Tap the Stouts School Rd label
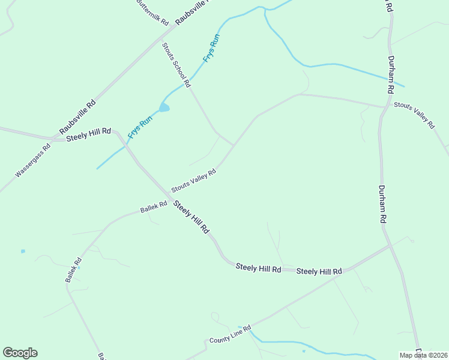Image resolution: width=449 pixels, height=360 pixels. [x=176, y=64]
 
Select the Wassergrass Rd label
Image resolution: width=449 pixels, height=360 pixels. [x=33, y=160]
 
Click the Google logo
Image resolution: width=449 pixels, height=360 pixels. [x=20, y=353]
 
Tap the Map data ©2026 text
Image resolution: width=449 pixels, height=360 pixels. [x=423, y=355]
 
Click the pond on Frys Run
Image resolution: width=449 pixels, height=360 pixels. [x=164, y=108]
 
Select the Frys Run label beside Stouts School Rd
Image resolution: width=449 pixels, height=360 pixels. [x=212, y=49]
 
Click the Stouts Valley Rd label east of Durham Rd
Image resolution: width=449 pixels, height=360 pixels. [x=414, y=114]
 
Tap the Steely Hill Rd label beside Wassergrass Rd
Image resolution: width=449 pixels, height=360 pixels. [x=89, y=134]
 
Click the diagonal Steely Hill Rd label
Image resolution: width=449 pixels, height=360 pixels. [x=191, y=217]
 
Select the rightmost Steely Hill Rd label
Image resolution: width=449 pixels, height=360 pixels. [x=319, y=272]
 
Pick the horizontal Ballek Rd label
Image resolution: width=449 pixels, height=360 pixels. [x=154, y=208]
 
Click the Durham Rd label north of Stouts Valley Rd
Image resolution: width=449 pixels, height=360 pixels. [x=391, y=75]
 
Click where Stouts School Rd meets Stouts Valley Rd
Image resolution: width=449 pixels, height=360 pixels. [x=234, y=145]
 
